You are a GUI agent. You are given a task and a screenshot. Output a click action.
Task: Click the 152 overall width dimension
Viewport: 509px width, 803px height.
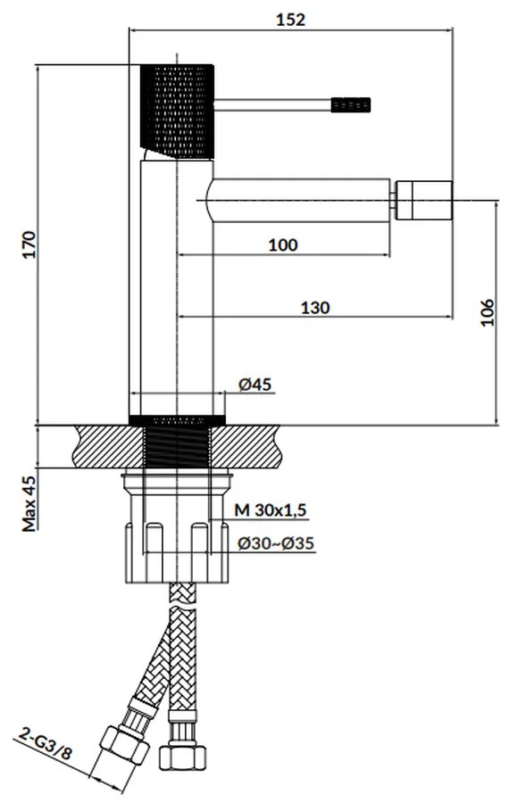pos(290,20)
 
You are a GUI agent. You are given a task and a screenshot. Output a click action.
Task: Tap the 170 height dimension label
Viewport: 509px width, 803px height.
pos(29,244)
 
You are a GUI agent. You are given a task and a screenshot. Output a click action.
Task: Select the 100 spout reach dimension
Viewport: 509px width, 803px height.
pos(283,244)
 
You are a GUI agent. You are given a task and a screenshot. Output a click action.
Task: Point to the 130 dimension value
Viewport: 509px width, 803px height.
pos(314,308)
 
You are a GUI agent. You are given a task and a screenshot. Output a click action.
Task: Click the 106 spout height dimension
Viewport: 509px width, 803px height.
pos(487,312)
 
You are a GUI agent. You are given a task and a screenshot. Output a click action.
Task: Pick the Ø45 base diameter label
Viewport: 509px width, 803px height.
pos(254,384)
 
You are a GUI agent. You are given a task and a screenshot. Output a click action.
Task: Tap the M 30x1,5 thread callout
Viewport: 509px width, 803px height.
pos(271,510)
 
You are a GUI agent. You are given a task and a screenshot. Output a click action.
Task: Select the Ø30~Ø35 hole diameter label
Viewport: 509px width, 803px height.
pos(275,543)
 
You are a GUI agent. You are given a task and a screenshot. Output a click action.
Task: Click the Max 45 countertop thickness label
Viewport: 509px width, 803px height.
pos(29,504)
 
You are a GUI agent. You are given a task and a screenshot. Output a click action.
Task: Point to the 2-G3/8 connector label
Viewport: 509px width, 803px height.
pos(46,746)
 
